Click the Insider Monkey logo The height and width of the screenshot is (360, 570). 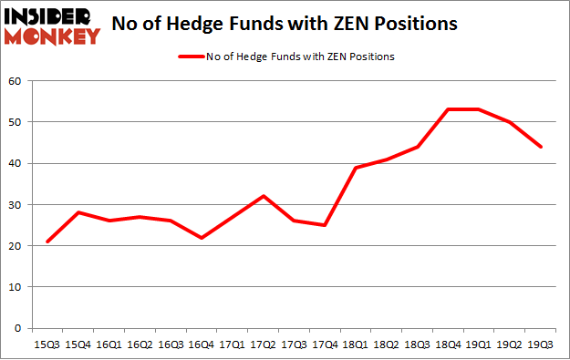tap(52, 26)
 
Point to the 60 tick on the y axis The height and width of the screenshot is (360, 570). tap(16, 80)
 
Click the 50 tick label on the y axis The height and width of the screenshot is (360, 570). tap(16, 122)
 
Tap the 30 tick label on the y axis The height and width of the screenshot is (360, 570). tap(16, 204)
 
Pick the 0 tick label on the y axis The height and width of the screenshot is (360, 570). tap(18, 328)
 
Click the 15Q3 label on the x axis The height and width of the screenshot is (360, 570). tap(47, 345)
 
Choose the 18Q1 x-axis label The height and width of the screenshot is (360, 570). tap(358, 345)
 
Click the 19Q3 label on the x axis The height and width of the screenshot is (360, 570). tap(543, 345)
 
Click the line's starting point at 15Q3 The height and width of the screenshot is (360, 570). tap(47, 242)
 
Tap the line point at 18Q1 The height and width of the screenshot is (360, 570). tap(358, 168)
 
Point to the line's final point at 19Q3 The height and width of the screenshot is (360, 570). tap(543, 147)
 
